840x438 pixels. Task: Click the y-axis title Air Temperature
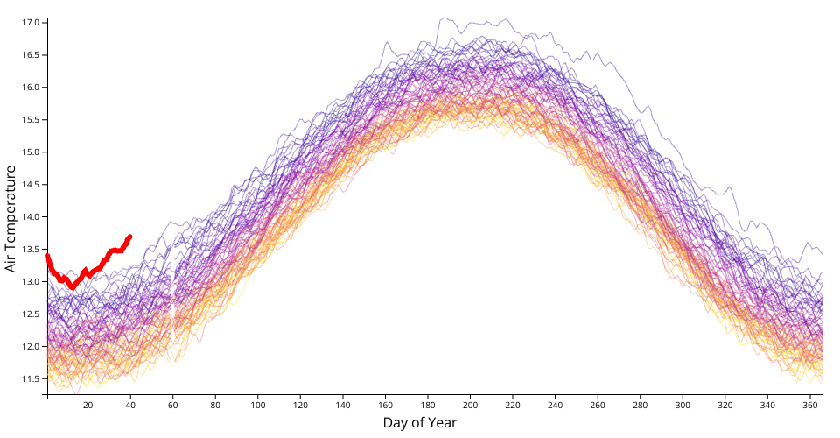(x=10, y=218)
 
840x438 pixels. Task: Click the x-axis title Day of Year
(x=419, y=423)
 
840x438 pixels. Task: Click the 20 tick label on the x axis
(x=88, y=406)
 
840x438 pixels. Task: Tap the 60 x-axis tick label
(x=173, y=406)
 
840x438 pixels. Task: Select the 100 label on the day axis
(x=258, y=406)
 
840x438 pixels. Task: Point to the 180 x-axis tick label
(x=428, y=406)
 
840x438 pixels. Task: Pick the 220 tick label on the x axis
(x=513, y=406)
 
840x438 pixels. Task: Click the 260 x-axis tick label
(x=598, y=406)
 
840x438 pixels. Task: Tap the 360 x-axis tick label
(x=810, y=406)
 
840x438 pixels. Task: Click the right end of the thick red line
(x=130, y=237)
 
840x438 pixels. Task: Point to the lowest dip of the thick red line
(x=73, y=286)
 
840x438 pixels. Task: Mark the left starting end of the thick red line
(x=47, y=256)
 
